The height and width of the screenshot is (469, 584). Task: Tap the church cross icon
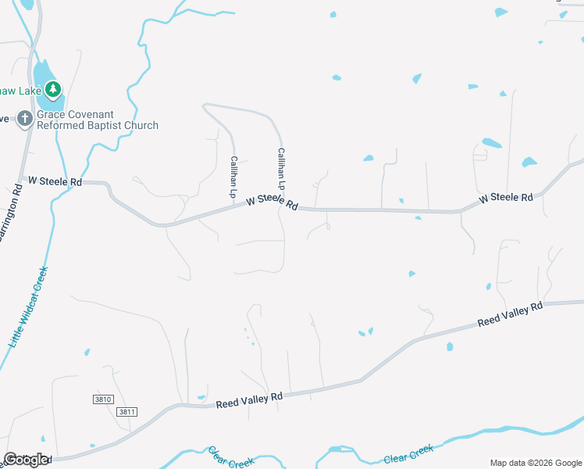point(24,119)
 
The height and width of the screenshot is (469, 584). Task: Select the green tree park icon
point(53,88)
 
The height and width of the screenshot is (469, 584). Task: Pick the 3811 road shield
point(126,411)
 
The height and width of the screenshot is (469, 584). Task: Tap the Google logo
point(27,460)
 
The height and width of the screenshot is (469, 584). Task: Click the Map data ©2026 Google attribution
point(536,463)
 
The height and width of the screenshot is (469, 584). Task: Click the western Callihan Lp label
point(233,176)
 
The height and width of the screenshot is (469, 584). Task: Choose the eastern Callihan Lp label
point(281,169)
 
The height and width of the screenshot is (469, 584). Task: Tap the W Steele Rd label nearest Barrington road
point(55,181)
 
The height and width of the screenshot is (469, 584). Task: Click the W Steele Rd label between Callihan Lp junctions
point(272,202)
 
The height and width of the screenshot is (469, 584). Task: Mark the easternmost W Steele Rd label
point(506,199)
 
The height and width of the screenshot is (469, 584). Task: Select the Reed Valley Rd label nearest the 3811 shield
point(249,399)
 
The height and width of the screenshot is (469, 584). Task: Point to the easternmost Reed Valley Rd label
point(510,315)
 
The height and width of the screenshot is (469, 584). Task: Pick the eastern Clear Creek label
point(409,454)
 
